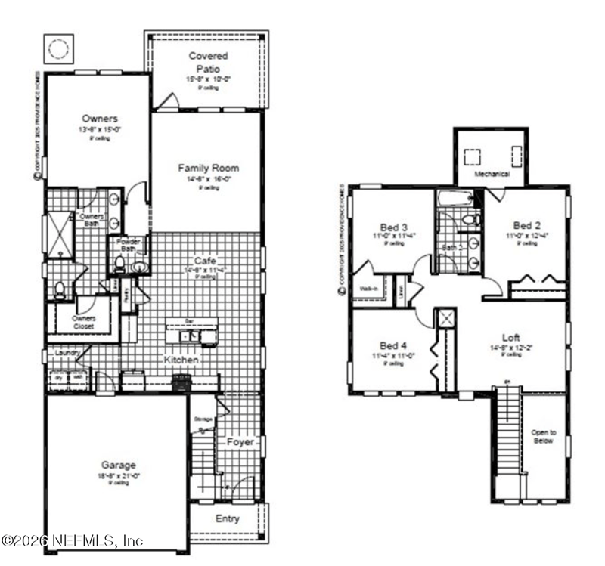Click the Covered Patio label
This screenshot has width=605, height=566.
pyautogui.click(x=208, y=61)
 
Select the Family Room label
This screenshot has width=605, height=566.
pyautogui.click(x=209, y=168)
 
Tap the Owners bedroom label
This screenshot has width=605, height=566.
pyautogui.click(x=100, y=119)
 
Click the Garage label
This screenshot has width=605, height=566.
pyautogui.click(x=117, y=465)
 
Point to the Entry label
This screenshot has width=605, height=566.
pyautogui.click(x=228, y=518)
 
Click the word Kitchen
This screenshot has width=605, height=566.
pyautogui.click(x=181, y=361)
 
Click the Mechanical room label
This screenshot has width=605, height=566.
pyautogui.click(x=492, y=174)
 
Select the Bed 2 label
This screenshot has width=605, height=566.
pyautogui.click(x=526, y=225)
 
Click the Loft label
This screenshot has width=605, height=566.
pyautogui.click(x=511, y=337)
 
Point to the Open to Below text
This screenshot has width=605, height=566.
pyautogui.click(x=543, y=436)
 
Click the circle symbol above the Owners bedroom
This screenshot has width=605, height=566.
pyautogui.click(x=58, y=50)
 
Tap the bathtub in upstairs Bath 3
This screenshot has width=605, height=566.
pyautogui.click(x=455, y=199)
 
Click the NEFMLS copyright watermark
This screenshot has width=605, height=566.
pyautogui.click(x=72, y=541)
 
